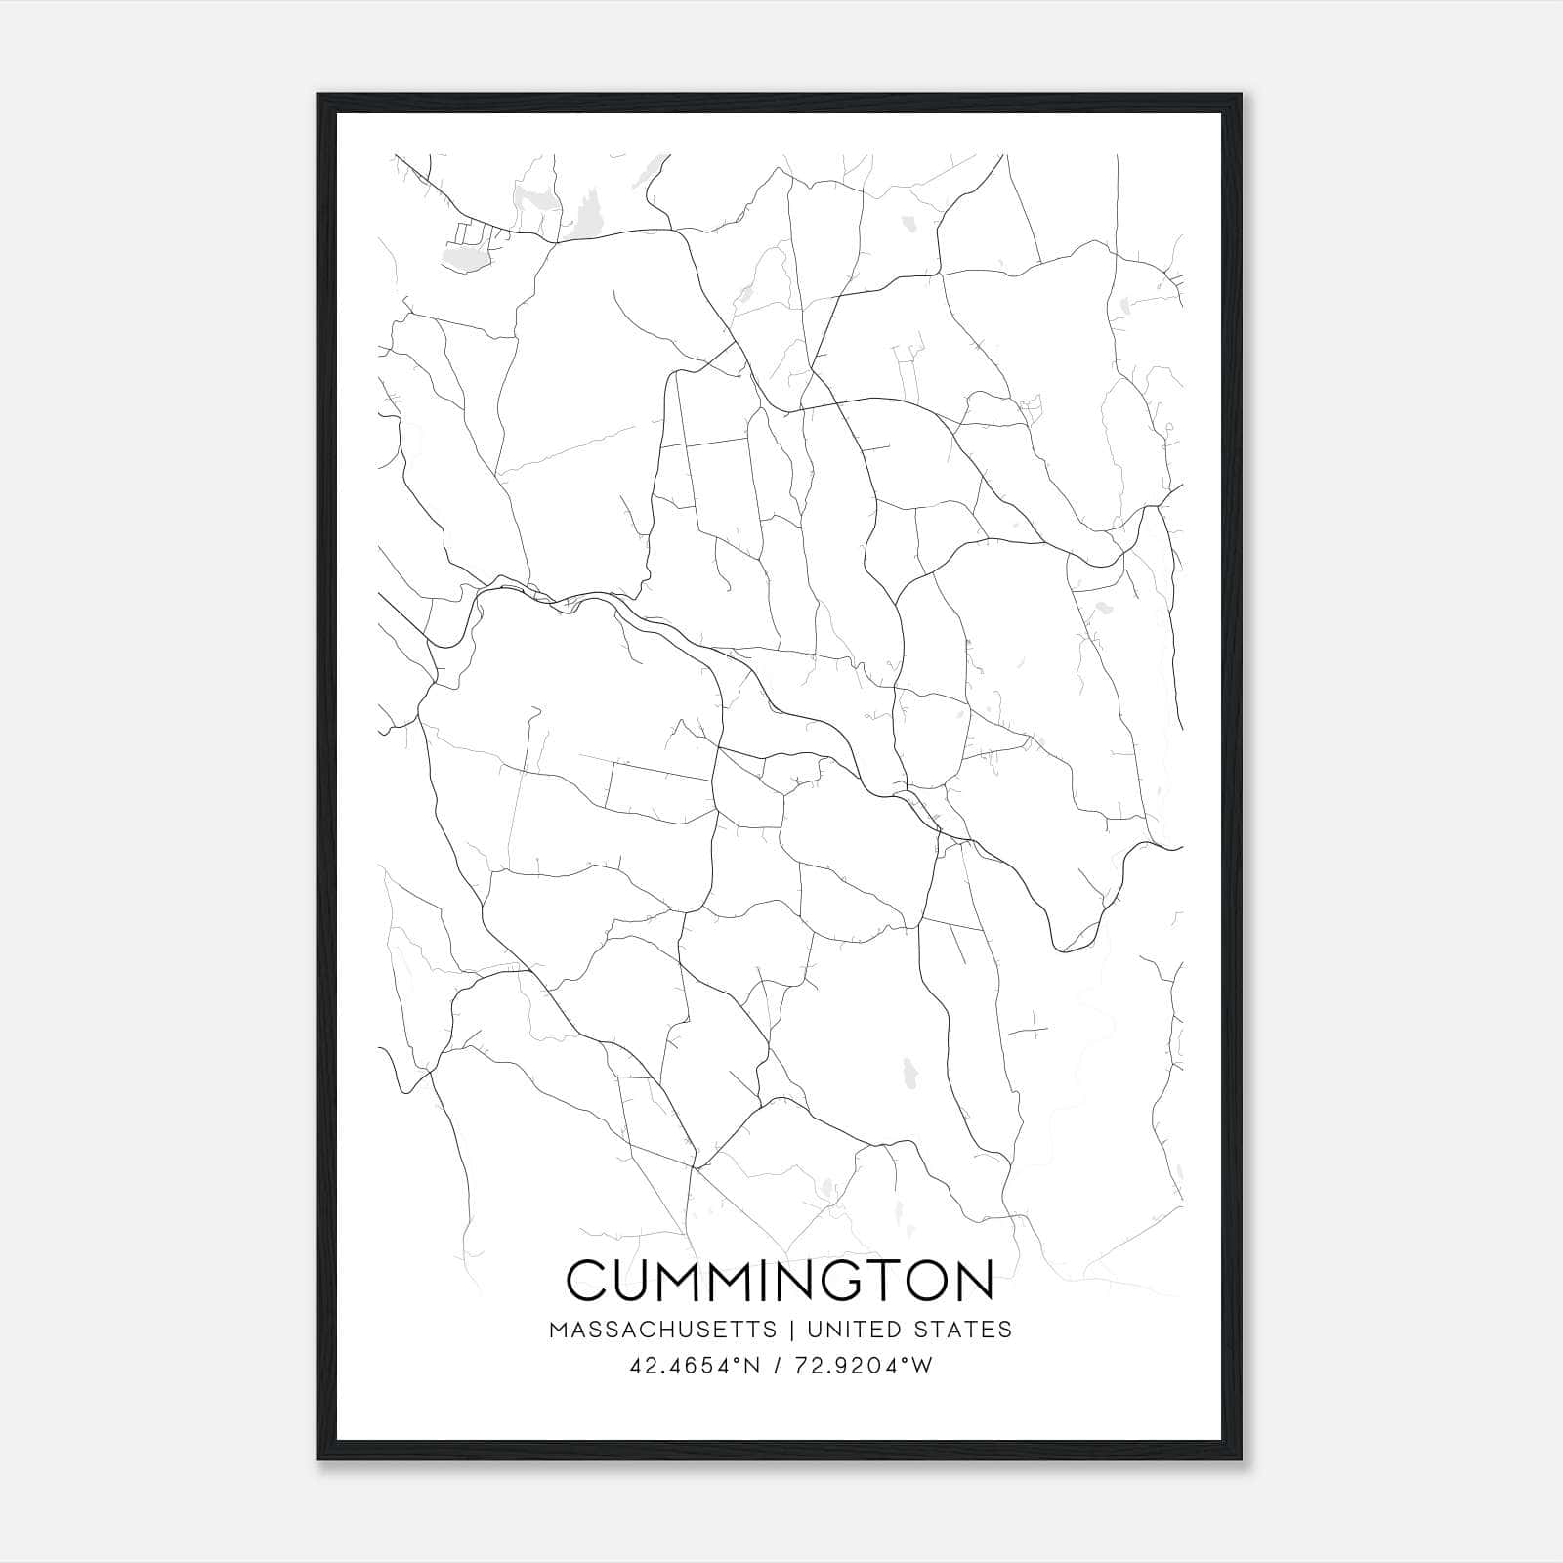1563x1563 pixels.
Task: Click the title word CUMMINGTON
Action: click(780, 1282)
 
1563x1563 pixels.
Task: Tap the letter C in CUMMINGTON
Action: click(586, 1282)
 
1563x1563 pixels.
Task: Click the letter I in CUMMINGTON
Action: click(768, 1282)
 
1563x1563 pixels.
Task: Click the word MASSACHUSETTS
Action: click(663, 1330)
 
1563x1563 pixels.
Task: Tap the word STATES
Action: click(963, 1330)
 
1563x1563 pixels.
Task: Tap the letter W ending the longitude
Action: click(923, 1366)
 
